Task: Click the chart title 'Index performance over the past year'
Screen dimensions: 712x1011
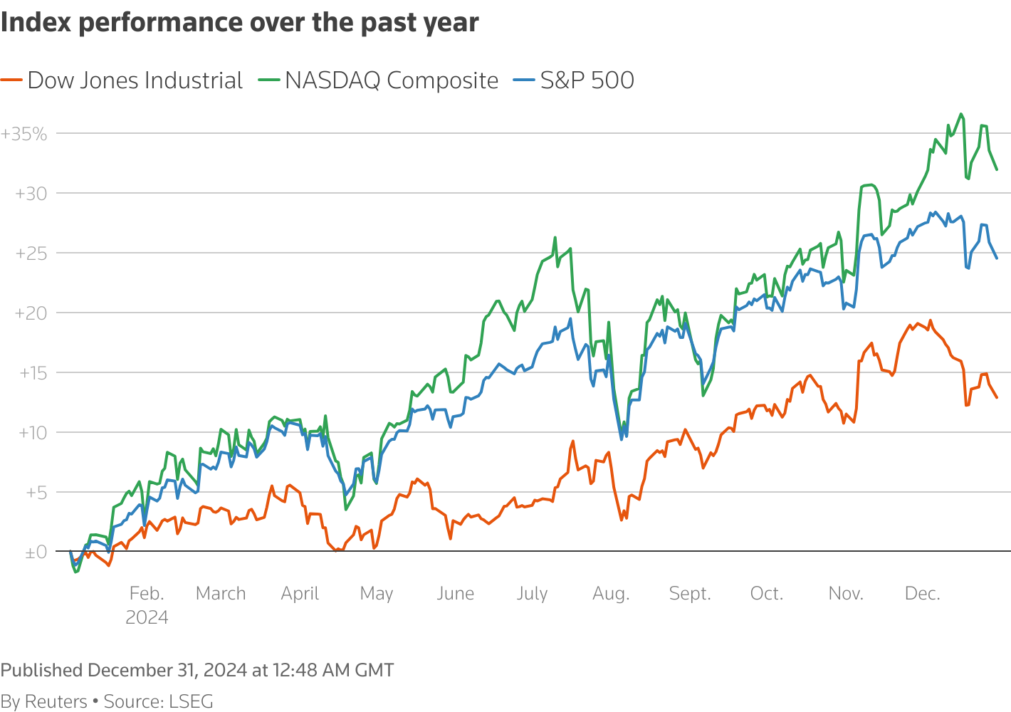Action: [x=239, y=23]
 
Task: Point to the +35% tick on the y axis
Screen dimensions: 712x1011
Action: [x=24, y=134]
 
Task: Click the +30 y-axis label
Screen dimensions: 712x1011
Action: [x=31, y=194]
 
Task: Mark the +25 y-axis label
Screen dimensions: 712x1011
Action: [x=31, y=253]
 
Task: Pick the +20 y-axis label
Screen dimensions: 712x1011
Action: [x=31, y=313]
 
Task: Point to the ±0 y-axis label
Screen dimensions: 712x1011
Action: [x=36, y=553]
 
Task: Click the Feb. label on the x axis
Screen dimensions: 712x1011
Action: [x=147, y=594]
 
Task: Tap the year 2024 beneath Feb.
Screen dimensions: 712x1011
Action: [x=147, y=617]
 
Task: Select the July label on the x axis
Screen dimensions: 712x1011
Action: [x=532, y=594]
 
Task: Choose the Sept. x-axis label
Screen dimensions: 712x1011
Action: [x=690, y=594]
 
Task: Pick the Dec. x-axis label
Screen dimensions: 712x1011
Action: [x=922, y=594]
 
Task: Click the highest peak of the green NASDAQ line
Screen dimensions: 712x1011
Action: [x=961, y=114]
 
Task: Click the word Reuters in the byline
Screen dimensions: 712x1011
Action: [x=56, y=701]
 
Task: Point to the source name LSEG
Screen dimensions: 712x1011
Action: [x=191, y=701]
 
